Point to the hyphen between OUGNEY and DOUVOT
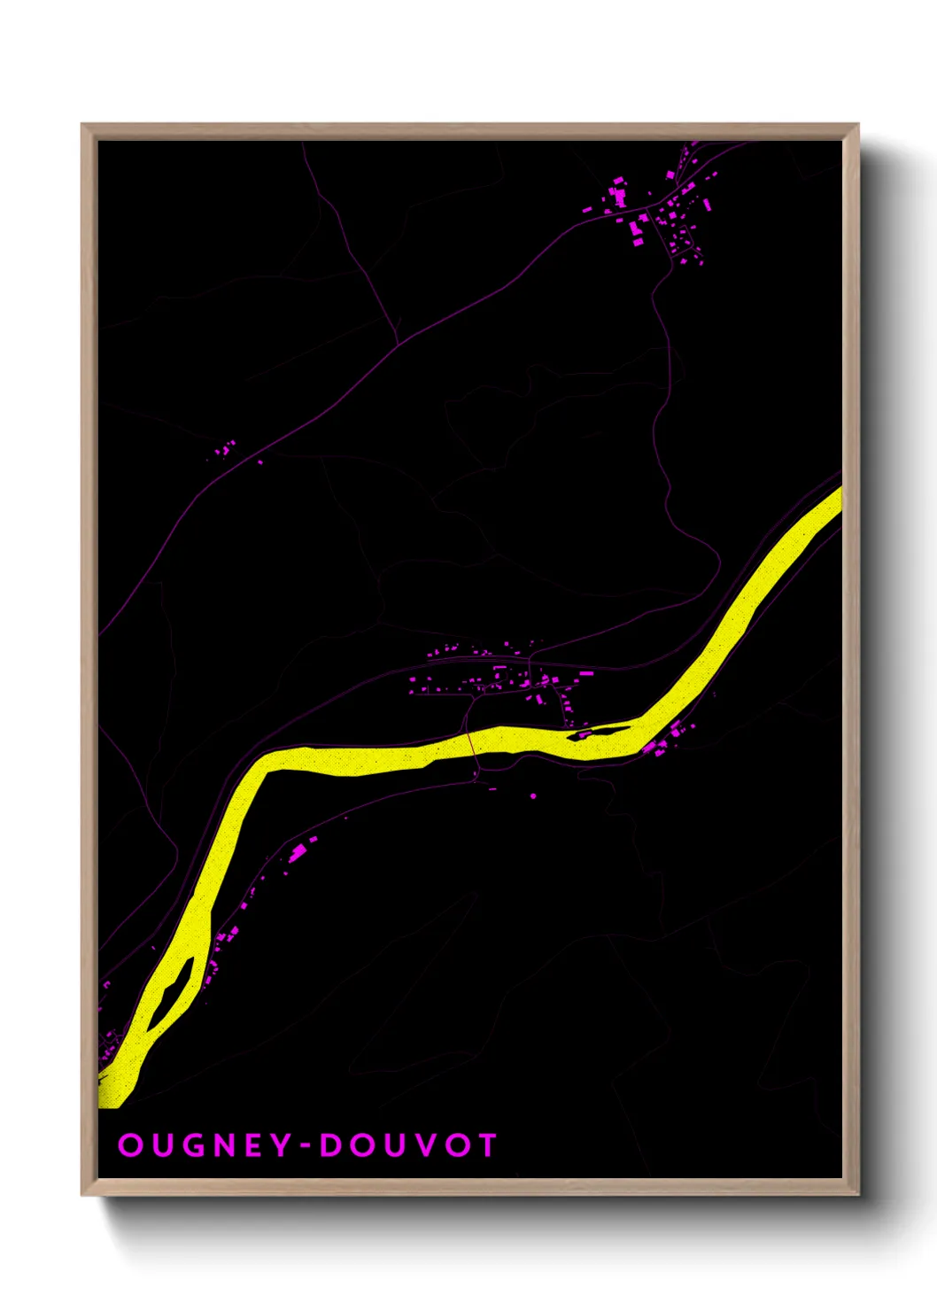click(x=304, y=1146)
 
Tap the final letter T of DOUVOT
click(x=486, y=1145)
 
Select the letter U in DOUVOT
click(x=392, y=1145)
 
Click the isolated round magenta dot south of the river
click(x=533, y=796)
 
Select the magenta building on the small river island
click(x=584, y=734)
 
